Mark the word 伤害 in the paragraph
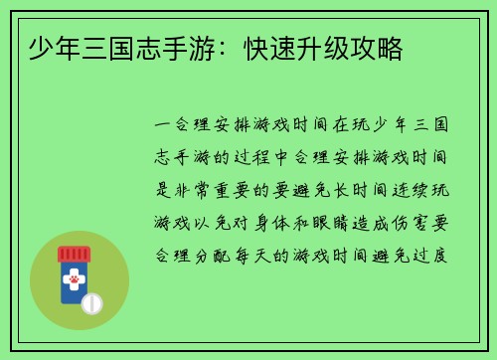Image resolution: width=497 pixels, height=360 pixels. (x=429, y=222)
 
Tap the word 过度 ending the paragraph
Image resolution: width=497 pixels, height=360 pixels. (x=438, y=255)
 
